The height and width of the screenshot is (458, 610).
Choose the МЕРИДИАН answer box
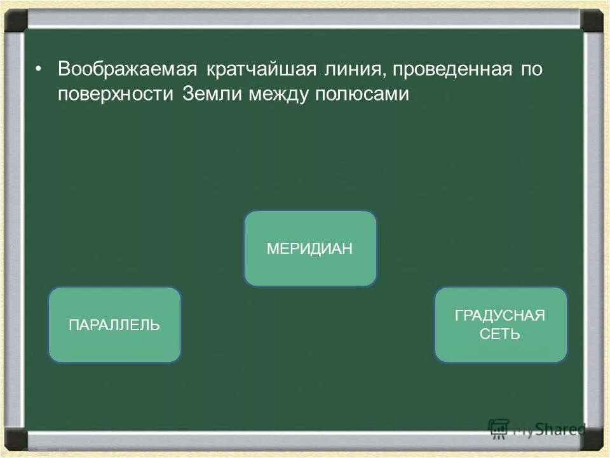pyautogui.click(x=310, y=249)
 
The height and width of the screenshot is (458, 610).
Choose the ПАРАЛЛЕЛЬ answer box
pyautogui.click(x=114, y=325)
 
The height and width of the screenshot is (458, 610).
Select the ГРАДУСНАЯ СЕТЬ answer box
pyautogui.click(x=501, y=325)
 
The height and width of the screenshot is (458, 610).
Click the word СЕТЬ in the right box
pyautogui.click(x=501, y=334)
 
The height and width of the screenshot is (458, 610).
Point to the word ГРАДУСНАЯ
pyautogui.click(x=501, y=316)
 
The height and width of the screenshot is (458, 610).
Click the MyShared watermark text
pyautogui.click(x=546, y=429)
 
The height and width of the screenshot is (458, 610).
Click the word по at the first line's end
pyautogui.click(x=532, y=69)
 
